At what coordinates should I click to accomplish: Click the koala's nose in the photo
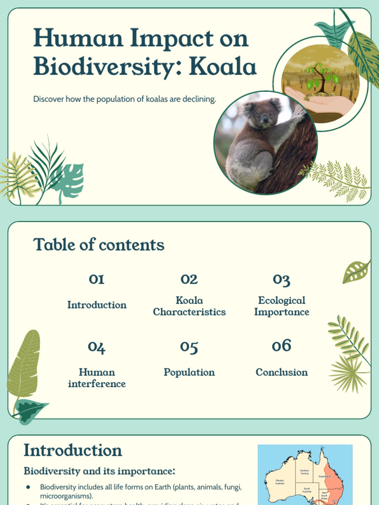tap(265, 119)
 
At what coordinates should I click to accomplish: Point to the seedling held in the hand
tap(321, 77)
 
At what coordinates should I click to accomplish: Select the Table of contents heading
tap(99, 245)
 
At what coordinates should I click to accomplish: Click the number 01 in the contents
tap(97, 279)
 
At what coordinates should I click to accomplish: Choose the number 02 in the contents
tap(189, 279)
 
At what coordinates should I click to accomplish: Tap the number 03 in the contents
tap(281, 280)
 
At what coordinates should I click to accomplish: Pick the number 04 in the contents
tap(97, 347)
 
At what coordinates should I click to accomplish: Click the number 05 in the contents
tap(189, 347)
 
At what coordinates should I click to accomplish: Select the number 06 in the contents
tap(281, 346)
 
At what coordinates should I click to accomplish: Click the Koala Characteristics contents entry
tap(189, 306)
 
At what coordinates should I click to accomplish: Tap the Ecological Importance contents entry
tap(281, 306)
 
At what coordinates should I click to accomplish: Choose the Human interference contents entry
tap(97, 378)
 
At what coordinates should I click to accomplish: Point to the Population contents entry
tap(189, 372)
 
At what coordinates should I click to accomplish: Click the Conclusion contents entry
tap(281, 372)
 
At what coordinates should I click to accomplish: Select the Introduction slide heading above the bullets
tap(73, 450)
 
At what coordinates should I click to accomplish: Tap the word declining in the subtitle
tap(200, 99)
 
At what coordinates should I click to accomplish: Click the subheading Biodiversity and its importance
tap(99, 471)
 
